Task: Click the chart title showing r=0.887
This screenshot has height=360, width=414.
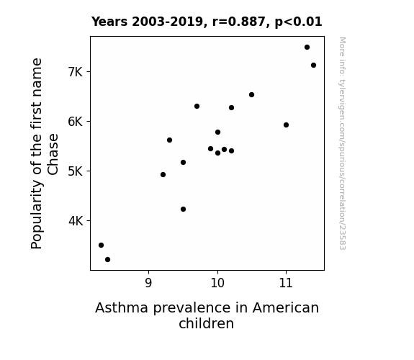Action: click(x=207, y=22)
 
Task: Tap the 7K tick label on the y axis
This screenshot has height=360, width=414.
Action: click(x=76, y=72)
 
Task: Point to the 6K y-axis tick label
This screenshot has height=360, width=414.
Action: click(x=76, y=122)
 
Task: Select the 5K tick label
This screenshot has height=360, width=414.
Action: click(x=76, y=171)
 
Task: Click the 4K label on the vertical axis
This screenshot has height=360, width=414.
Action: click(x=76, y=221)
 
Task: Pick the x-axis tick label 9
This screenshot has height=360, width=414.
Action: click(x=148, y=283)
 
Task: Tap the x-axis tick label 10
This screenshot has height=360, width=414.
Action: click(x=217, y=283)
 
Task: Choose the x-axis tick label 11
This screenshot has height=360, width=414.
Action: click(x=287, y=283)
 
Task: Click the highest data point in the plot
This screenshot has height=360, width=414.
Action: click(x=307, y=48)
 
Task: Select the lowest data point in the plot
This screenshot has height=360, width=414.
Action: click(x=107, y=260)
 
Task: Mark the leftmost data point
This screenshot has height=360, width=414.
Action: click(x=101, y=245)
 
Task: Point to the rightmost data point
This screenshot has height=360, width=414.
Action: click(x=313, y=66)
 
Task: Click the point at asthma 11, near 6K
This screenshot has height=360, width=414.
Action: click(x=286, y=125)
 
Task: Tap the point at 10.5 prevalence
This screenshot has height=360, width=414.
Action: click(x=251, y=95)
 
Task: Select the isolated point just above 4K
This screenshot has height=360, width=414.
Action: click(x=183, y=210)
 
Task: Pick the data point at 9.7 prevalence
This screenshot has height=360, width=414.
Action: click(x=197, y=106)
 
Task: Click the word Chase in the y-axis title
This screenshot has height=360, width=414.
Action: click(x=53, y=154)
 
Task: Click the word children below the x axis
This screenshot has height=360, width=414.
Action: click(x=207, y=323)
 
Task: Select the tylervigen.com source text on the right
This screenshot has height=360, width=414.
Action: click(x=342, y=143)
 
